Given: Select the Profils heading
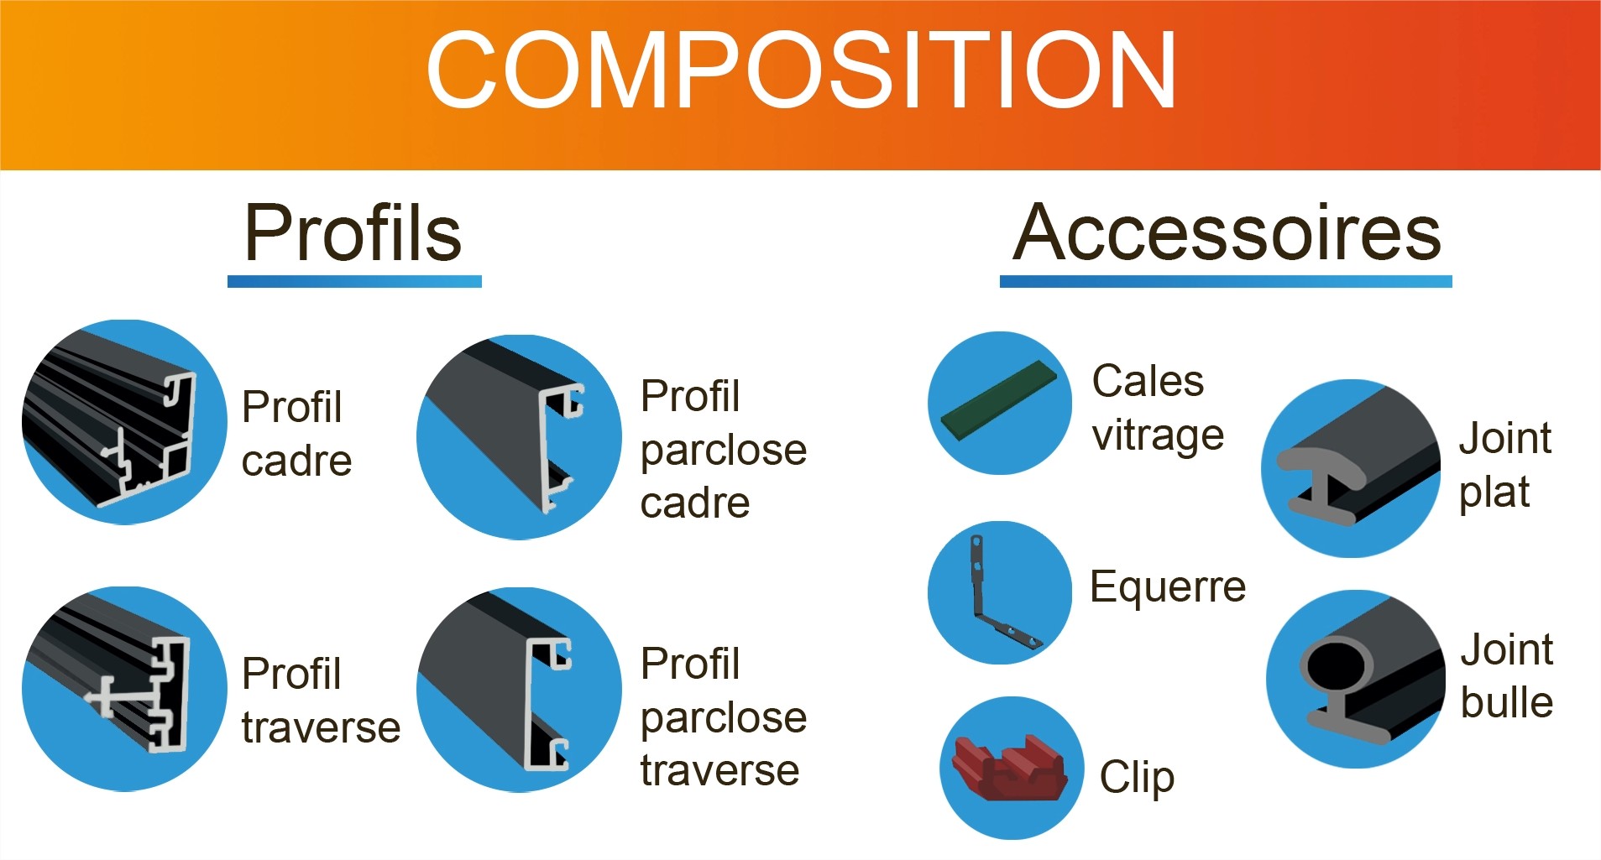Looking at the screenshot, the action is point(353,232).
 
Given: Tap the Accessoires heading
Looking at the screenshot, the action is point(1227,232).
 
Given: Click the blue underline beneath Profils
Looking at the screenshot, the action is point(354,281).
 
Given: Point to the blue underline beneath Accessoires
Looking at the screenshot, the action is point(1226,281).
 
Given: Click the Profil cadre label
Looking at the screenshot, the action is point(296,434).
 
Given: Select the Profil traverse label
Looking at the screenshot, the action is point(321,701).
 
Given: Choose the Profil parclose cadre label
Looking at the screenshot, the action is point(723,449).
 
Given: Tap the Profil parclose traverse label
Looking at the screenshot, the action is point(723,717).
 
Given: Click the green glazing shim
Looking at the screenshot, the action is point(997,401).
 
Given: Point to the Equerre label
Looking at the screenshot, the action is point(1168,586).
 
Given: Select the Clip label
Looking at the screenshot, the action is point(1137,778).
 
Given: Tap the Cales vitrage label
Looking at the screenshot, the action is point(1158,408).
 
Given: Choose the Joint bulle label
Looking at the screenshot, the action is point(1507,675).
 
